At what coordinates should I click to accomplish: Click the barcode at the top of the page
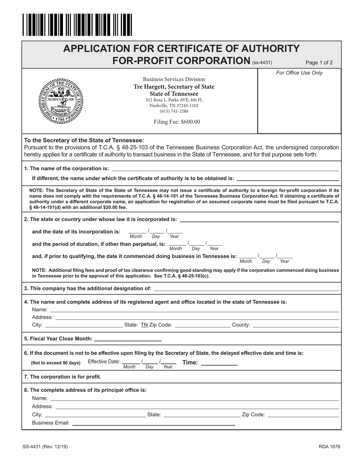77,25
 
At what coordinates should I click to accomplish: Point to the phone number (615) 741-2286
174,111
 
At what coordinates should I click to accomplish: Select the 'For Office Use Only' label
299,73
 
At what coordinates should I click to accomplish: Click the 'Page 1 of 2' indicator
319,63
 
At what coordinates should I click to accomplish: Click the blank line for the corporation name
225,168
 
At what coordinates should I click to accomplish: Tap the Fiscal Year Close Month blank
127,338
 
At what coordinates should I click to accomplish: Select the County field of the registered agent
296,325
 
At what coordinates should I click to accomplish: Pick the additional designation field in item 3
246,289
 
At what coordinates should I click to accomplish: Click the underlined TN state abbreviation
144,325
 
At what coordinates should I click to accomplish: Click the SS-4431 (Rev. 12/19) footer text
45,447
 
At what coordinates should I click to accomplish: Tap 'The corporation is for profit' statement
63,377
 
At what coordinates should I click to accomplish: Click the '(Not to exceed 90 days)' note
56,363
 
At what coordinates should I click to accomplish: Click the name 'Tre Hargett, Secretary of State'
174,87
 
